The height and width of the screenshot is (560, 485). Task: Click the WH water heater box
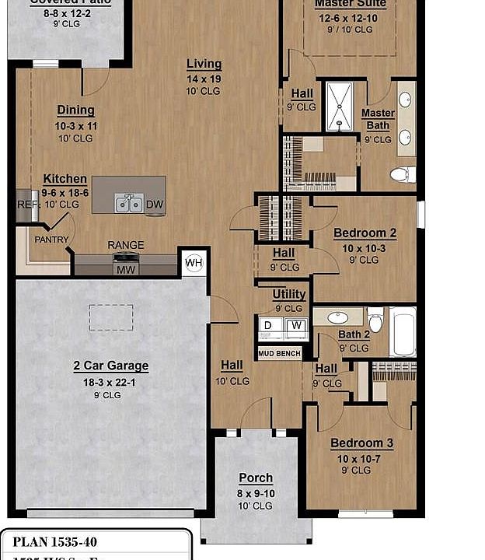click(193, 263)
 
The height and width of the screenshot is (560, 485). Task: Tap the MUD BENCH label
click(279, 353)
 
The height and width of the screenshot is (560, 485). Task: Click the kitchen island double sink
click(128, 204)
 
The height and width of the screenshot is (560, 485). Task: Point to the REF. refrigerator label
click(26, 205)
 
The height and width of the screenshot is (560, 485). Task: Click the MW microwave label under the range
click(126, 269)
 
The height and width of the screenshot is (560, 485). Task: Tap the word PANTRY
click(51, 240)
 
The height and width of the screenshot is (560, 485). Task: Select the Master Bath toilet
click(402, 174)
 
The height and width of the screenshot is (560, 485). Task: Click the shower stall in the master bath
click(340, 106)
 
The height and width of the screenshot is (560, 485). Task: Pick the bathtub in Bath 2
click(403, 331)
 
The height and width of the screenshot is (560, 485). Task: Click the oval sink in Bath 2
click(338, 317)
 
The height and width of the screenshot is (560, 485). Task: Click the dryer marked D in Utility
click(269, 325)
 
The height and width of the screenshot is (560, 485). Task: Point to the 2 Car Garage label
click(111, 366)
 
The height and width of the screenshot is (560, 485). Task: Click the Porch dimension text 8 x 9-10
click(256, 492)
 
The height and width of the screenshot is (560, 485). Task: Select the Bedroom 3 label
click(361, 443)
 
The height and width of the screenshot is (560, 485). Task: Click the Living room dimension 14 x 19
click(204, 78)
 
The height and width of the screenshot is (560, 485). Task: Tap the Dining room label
click(75, 110)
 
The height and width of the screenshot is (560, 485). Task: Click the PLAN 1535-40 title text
click(55, 542)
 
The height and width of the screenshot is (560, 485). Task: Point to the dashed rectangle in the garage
click(110, 317)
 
